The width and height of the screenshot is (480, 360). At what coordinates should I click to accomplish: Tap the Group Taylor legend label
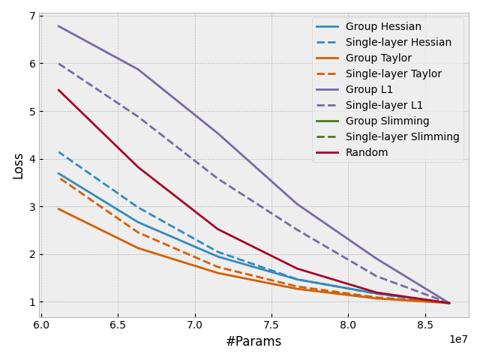coord(381,58)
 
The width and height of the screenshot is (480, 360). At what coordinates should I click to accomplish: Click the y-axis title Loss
coord(19,166)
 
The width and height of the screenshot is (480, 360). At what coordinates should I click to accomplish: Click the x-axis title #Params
coord(253,342)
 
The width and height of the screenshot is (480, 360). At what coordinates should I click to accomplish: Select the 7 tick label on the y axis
coord(31,16)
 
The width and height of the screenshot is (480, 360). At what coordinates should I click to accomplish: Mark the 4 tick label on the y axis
coord(31,159)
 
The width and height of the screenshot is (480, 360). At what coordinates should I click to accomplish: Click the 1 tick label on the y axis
coord(31,302)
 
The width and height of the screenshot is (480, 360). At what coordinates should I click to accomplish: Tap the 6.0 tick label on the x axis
coord(41,325)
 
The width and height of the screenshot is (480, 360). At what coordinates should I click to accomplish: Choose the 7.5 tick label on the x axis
coord(271,325)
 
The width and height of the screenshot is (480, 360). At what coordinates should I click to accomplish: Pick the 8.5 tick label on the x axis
coord(424,325)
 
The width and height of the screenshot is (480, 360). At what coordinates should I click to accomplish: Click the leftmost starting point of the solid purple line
coord(58,25)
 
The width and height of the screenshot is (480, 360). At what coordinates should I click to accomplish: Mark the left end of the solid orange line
coord(58,208)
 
